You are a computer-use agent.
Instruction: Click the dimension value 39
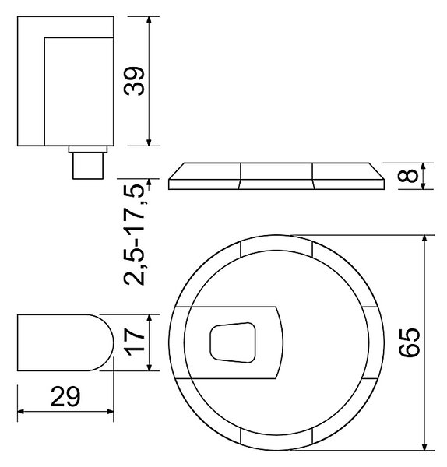click(135, 81)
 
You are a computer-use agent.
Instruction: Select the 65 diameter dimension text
click(410, 342)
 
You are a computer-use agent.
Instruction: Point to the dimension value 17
click(135, 342)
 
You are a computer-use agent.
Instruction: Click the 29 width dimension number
click(65, 396)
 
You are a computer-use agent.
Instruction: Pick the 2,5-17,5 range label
click(135, 235)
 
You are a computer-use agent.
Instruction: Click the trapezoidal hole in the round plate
click(233, 342)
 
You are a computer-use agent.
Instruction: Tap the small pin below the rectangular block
click(88, 166)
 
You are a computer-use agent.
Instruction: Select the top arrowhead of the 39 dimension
click(150, 20)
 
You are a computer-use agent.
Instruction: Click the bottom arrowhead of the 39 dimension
click(150, 142)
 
